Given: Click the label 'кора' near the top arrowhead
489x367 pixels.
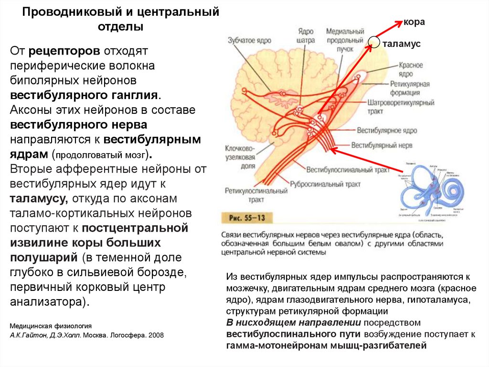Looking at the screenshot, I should (414, 22).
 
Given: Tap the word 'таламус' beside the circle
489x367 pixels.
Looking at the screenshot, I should (401, 44).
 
